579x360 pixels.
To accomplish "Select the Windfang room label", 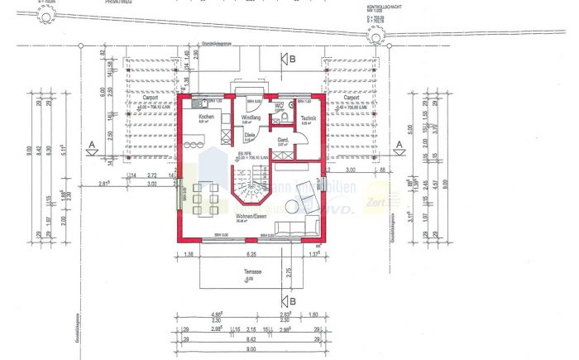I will tap(251, 118).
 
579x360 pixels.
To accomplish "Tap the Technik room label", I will tap(309, 118).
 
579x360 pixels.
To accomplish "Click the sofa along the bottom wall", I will tap(291, 228).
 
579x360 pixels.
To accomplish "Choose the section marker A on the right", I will tap(399, 146).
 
